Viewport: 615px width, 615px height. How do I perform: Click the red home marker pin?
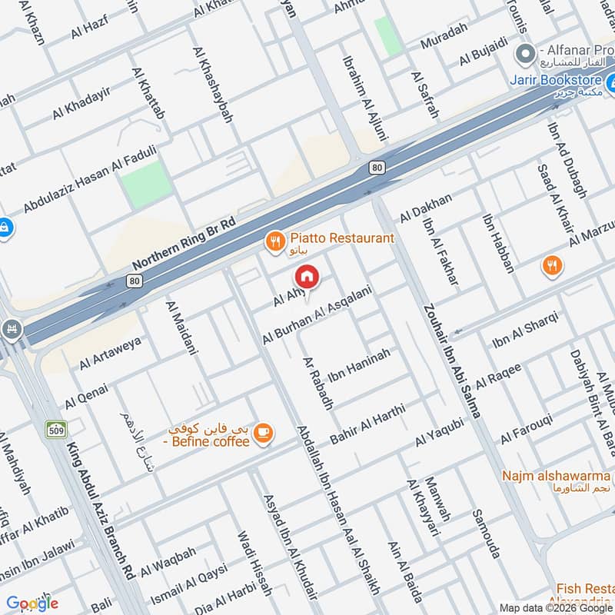click(307, 276)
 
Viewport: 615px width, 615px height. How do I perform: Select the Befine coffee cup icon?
click(264, 434)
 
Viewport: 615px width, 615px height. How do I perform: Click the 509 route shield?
click(56, 429)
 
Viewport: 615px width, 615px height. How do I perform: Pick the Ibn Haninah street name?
click(358, 364)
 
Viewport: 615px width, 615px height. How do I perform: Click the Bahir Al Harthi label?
click(367, 423)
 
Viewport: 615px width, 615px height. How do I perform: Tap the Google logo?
click(32, 603)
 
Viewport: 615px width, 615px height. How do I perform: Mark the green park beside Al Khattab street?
click(146, 184)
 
